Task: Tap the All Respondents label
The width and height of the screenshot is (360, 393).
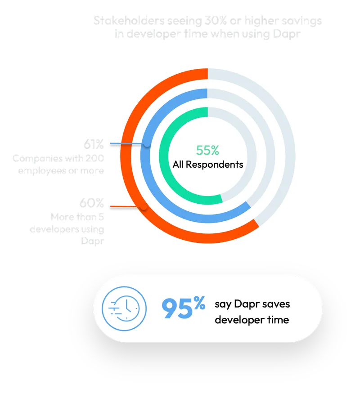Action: [208, 164]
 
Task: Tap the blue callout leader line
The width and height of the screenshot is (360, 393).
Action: [128, 144]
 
